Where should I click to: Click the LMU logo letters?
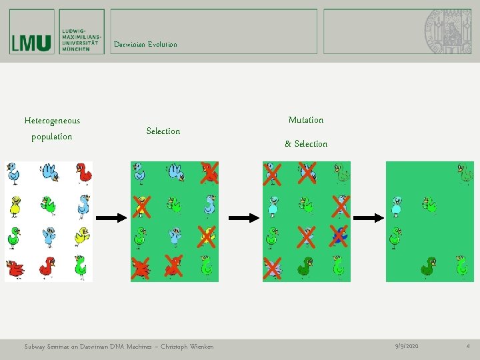pyautogui.click(x=31, y=43)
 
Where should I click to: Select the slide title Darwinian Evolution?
pyautogui.click(x=145, y=45)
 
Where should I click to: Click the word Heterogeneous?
pyautogui.click(x=52, y=121)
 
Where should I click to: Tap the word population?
pyautogui.click(x=52, y=137)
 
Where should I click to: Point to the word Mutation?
pyautogui.click(x=305, y=120)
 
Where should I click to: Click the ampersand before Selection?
pyautogui.click(x=288, y=144)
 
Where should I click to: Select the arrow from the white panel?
pyautogui.click(x=111, y=217)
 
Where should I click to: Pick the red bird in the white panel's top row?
pyautogui.click(x=83, y=173)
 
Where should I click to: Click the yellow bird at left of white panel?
pyautogui.click(x=15, y=205)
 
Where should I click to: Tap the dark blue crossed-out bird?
pyautogui.click(x=339, y=235)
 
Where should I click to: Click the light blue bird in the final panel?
pyautogui.click(x=397, y=205)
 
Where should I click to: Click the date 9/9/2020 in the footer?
pyautogui.click(x=407, y=347)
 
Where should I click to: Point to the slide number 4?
pyautogui.click(x=467, y=347)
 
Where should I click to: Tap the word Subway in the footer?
pyautogui.click(x=35, y=347)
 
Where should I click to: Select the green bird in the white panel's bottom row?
pyautogui.click(x=80, y=266)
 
